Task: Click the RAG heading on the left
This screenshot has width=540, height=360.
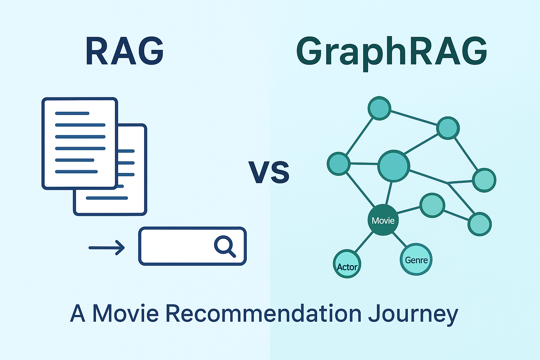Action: (x=124, y=51)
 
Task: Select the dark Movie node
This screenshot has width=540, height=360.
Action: (x=383, y=220)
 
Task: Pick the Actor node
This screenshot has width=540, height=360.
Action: (x=347, y=264)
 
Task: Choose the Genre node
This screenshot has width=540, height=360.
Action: (x=416, y=260)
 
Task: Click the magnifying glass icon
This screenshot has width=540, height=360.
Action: (x=224, y=245)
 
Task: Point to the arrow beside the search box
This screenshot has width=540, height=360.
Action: (x=107, y=247)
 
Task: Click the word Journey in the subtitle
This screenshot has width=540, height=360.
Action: (x=413, y=314)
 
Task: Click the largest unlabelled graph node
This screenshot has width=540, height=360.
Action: (x=394, y=166)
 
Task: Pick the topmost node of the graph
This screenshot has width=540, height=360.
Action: (x=379, y=108)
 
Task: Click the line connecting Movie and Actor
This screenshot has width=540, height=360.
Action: (x=364, y=242)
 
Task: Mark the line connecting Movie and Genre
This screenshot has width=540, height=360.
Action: (x=399, y=239)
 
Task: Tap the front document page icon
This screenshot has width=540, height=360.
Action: (x=80, y=143)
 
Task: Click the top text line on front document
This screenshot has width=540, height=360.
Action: (x=72, y=113)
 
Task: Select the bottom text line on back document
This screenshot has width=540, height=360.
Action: (x=107, y=198)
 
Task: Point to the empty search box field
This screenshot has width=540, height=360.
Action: (x=176, y=246)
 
